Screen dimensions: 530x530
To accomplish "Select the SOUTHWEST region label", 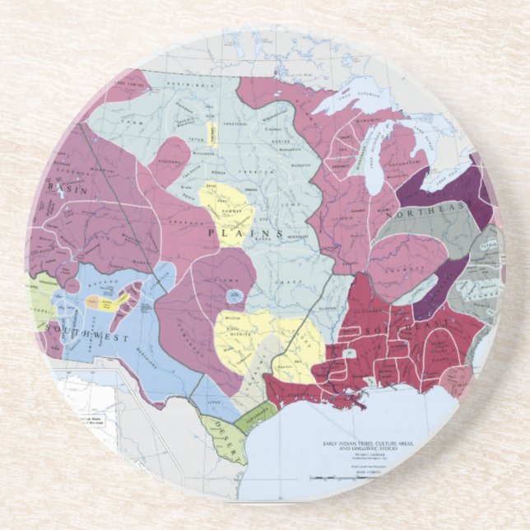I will click(77, 328).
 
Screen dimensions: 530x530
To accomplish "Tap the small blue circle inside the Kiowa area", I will click(233, 294).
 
